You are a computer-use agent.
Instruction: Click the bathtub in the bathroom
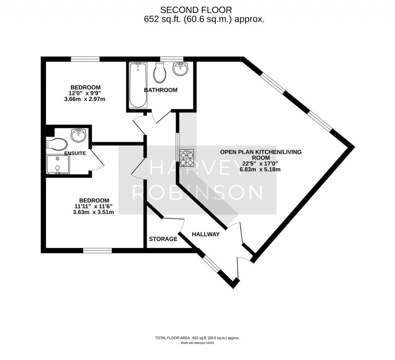pos(138,85)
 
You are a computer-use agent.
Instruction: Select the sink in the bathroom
pos(181,69)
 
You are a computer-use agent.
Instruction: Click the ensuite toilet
pos(56,144)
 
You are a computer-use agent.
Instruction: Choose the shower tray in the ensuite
pos(57,164)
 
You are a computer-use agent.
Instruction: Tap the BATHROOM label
pos(160,90)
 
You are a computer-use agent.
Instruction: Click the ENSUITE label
pos(75,153)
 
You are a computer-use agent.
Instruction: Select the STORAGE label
pos(163,239)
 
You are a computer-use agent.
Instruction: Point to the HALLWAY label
pos(206,234)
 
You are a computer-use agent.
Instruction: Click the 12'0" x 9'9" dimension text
pos(86,93)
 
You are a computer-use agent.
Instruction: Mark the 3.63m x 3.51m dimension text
pos(93,212)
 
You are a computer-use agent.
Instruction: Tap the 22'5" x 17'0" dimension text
pos(261,163)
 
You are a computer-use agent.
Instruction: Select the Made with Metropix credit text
pos(197,343)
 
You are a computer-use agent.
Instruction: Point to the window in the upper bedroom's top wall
pos(85,59)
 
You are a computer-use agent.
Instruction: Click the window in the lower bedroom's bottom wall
pos(97,251)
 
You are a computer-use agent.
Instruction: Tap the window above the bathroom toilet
pos(166,59)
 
